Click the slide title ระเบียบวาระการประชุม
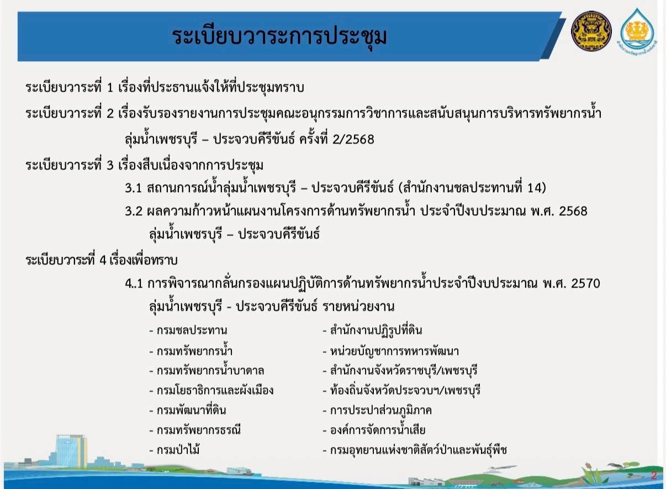(279, 36)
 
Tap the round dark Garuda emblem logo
(591, 31)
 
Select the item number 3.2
(134, 211)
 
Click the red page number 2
(653, 475)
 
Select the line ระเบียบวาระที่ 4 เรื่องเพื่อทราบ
(102, 260)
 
